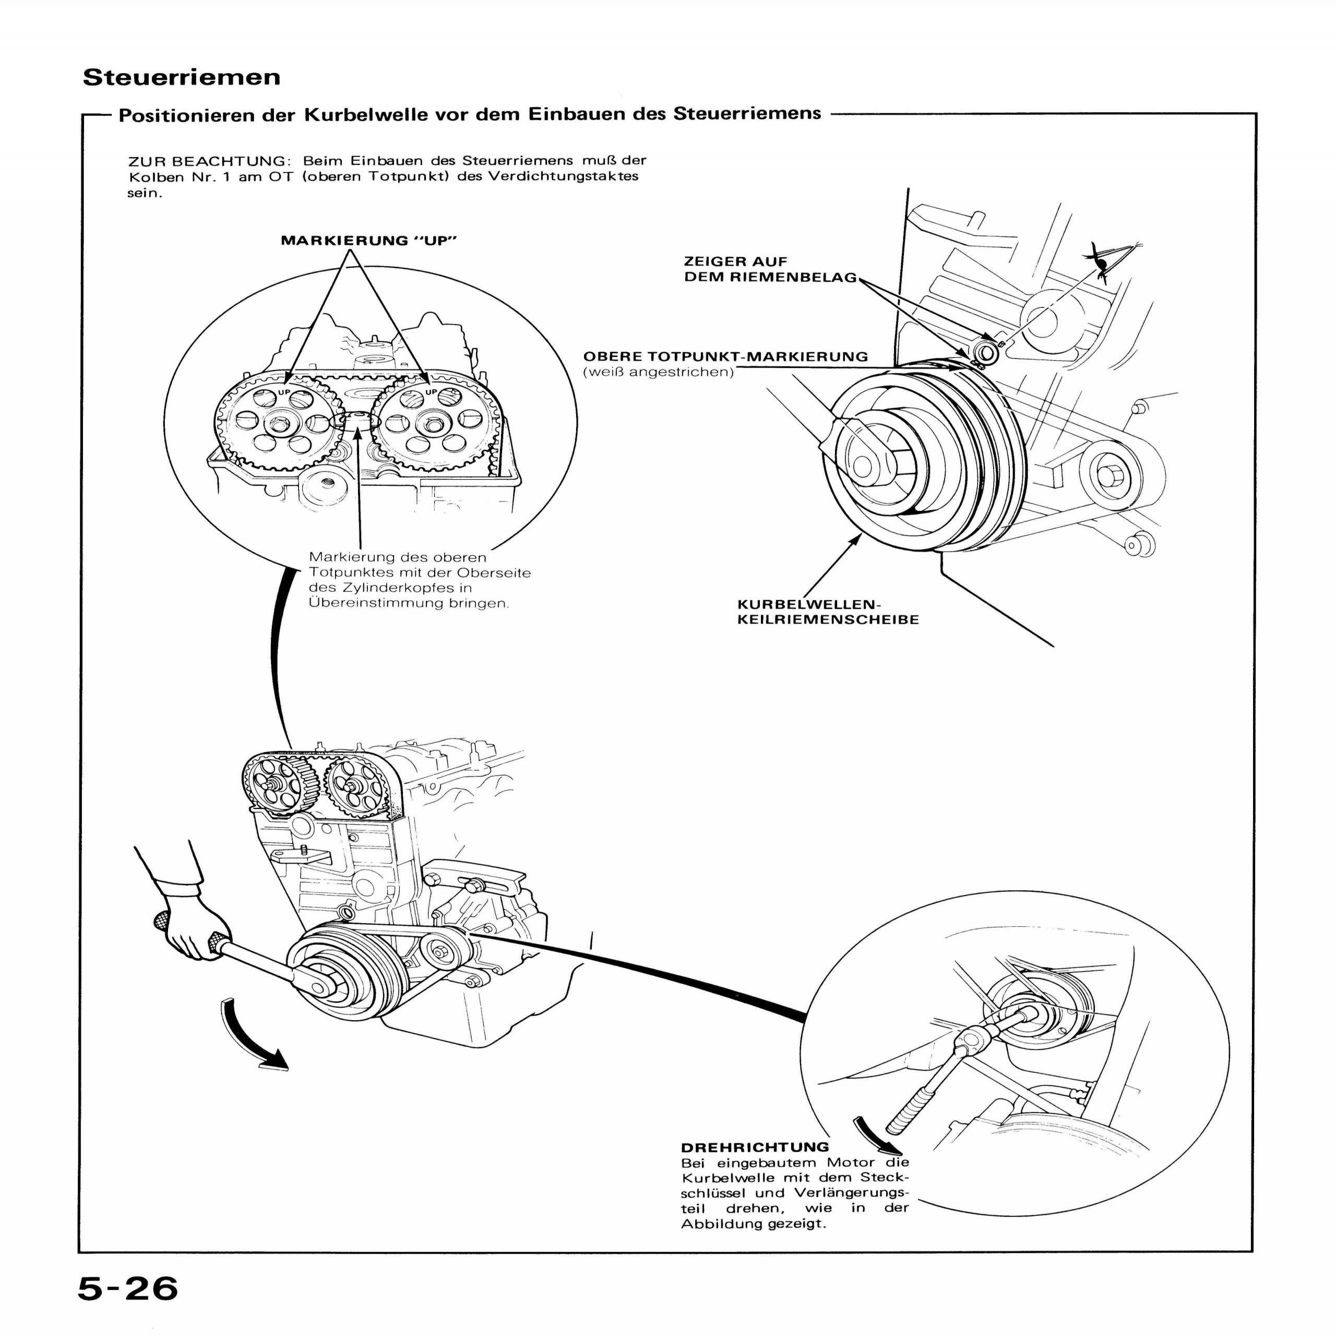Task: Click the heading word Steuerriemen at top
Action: [x=182, y=77]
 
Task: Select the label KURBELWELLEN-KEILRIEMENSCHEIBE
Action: [x=828, y=613]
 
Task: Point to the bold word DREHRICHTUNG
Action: [x=755, y=1147]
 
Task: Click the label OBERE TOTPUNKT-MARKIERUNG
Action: [x=725, y=357]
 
